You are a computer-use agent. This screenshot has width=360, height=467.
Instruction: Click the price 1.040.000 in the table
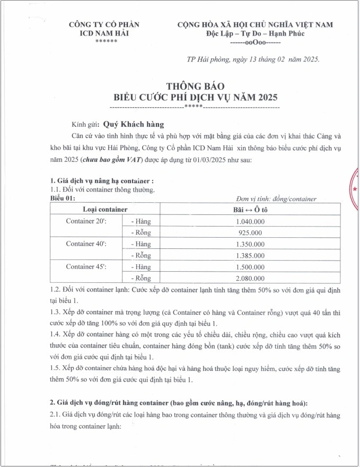249,221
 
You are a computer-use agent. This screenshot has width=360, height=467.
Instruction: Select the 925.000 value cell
249,232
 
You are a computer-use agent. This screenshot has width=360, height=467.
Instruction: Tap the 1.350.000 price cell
249,244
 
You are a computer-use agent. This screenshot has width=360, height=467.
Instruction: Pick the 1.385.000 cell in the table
249,255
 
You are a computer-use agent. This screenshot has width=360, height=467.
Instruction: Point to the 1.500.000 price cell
249,266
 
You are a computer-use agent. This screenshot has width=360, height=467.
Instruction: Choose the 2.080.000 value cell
249,278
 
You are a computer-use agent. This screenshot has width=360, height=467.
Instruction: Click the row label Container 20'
86,221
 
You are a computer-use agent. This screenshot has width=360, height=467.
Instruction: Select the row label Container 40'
86,244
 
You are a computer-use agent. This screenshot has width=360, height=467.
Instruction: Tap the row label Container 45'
86,266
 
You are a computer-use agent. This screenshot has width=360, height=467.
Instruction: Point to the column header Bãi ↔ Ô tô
249,210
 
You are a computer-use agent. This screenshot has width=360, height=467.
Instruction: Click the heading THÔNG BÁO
196,87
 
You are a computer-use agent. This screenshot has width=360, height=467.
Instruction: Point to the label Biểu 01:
63,198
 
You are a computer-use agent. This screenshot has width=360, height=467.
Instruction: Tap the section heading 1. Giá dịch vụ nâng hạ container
102,181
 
